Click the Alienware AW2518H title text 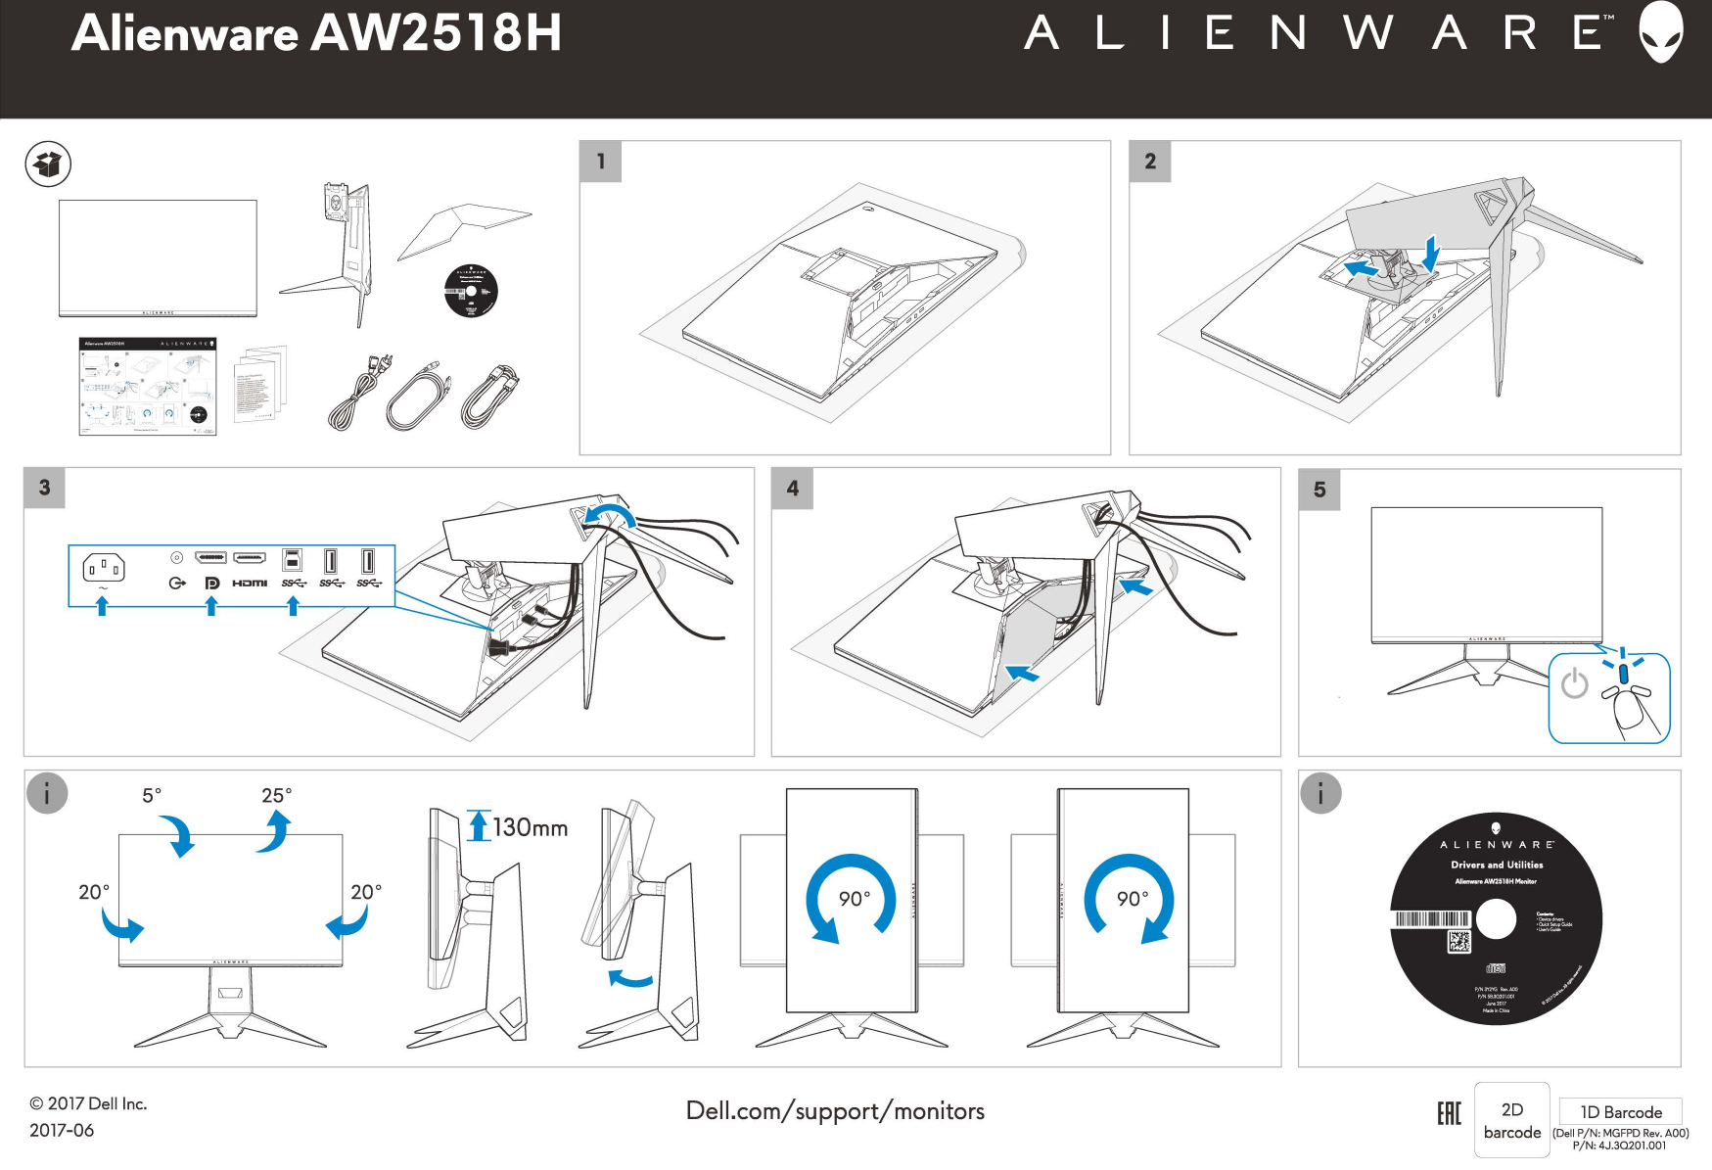click(x=316, y=33)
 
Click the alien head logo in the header click(x=1660, y=31)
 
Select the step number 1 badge click(x=601, y=162)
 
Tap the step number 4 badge click(x=792, y=488)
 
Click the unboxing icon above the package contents click(x=48, y=164)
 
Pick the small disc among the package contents click(x=471, y=291)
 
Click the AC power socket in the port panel click(x=103, y=567)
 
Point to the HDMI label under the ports click(x=250, y=584)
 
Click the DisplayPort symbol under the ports click(x=211, y=584)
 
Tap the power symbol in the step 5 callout click(x=1574, y=683)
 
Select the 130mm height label click(x=530, y=828)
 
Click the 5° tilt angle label click(x=152, y=795)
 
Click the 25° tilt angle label click(x=276, y=795)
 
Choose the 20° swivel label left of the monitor click(x=94, y=892)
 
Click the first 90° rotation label click(x=854, y=899)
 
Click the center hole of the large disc click(x=1495, y=918)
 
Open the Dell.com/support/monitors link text click(x=835, y=1111)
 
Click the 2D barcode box click(x=1511, y=1120)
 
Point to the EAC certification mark click(x=1449, y=1113)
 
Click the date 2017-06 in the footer click(x=62, y=1130)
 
